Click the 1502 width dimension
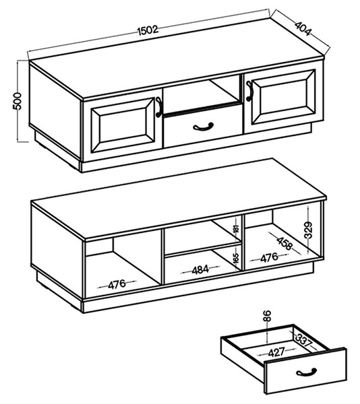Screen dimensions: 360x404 coord(148,30)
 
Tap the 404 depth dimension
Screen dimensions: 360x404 coord(303,28)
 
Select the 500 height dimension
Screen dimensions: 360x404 coord(18,101)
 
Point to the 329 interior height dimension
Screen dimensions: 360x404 coord(308,230)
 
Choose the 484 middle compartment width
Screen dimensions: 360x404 coord(200,270)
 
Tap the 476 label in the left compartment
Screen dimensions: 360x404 coord(117,284)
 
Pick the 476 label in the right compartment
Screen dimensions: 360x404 coord(269,258)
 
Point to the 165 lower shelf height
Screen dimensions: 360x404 coord(236,258)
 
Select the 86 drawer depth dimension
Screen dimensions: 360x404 coord(268,316)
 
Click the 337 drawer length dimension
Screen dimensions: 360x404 coord(304,340)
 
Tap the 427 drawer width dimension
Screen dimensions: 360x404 coord(276,352)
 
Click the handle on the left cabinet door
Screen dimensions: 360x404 coord(159,107)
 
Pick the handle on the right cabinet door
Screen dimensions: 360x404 coord(249,91)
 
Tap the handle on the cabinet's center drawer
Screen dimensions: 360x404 coord(203,127)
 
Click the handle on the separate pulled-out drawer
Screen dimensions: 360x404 coord(306,372)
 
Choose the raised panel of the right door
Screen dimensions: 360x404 coord(284,97)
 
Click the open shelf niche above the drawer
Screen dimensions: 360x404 coord(201,94)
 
